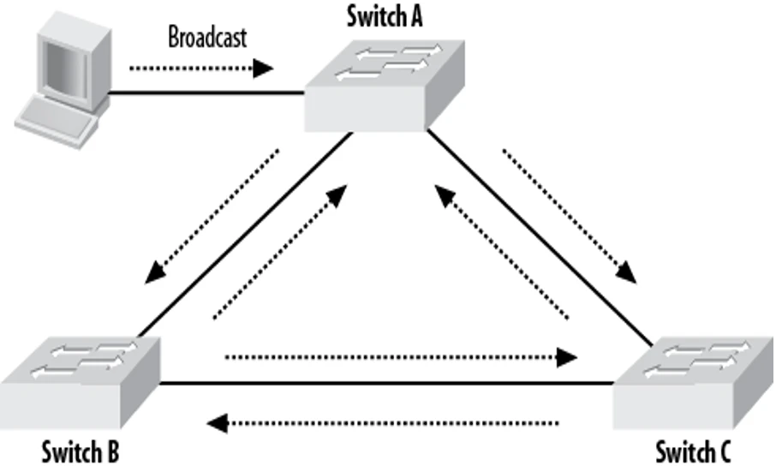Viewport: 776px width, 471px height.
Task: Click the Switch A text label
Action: [385, 15]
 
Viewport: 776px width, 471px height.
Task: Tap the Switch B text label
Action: [81, 450]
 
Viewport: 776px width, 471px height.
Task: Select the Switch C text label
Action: [695, 450]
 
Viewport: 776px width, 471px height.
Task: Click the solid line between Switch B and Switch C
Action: [385, 384]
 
